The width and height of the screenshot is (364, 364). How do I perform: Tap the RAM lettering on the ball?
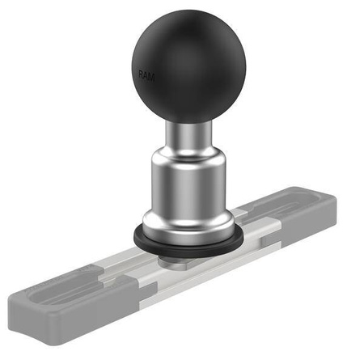tap(146, 75)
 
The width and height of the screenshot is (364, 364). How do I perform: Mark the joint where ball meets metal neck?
tap(184, 121)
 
